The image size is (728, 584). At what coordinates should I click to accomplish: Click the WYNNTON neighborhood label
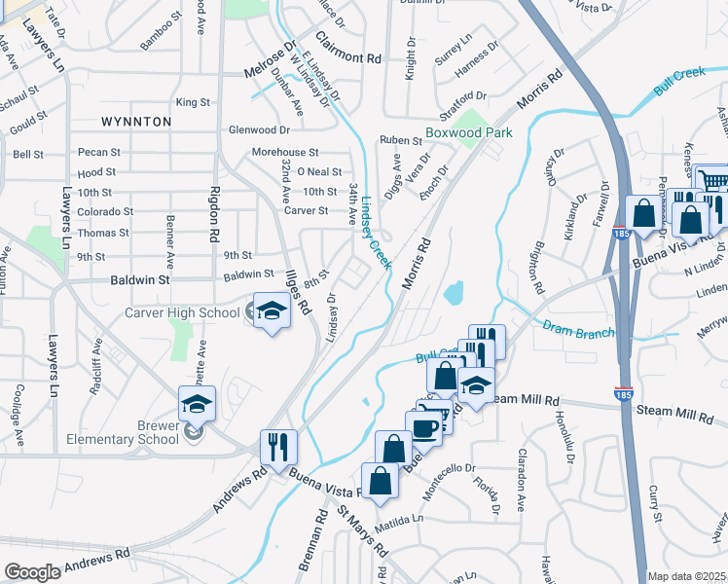point(136,122)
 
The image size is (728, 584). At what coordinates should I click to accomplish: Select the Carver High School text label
point(182,312)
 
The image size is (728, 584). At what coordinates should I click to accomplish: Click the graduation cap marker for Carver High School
point(273,310)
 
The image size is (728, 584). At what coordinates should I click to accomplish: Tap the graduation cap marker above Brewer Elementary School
point(198,404)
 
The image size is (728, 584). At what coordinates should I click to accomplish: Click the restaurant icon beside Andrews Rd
point(278,447)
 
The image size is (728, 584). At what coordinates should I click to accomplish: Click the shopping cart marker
point(713,181)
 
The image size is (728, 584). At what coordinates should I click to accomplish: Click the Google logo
point(33,572)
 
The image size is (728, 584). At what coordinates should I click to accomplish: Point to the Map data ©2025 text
point(687,576)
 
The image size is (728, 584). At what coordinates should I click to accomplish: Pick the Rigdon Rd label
point(213,216)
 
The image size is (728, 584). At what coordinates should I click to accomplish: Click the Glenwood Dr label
point(259,129)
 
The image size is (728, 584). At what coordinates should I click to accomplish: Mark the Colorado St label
point(106,211)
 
